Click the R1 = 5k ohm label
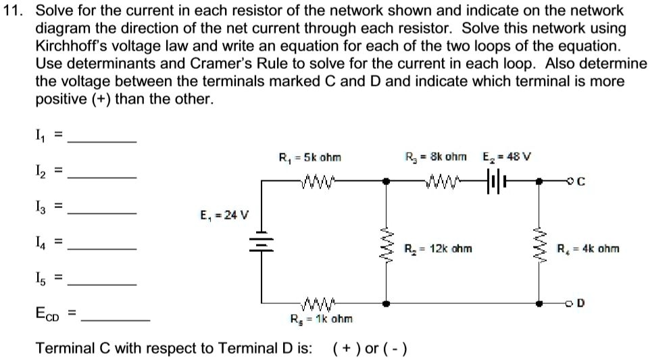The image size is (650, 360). tap(310, 157)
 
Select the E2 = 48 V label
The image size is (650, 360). tap(507, 157)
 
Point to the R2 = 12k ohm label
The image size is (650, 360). tap(439, 249)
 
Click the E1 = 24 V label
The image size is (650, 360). tap(224, 216)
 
